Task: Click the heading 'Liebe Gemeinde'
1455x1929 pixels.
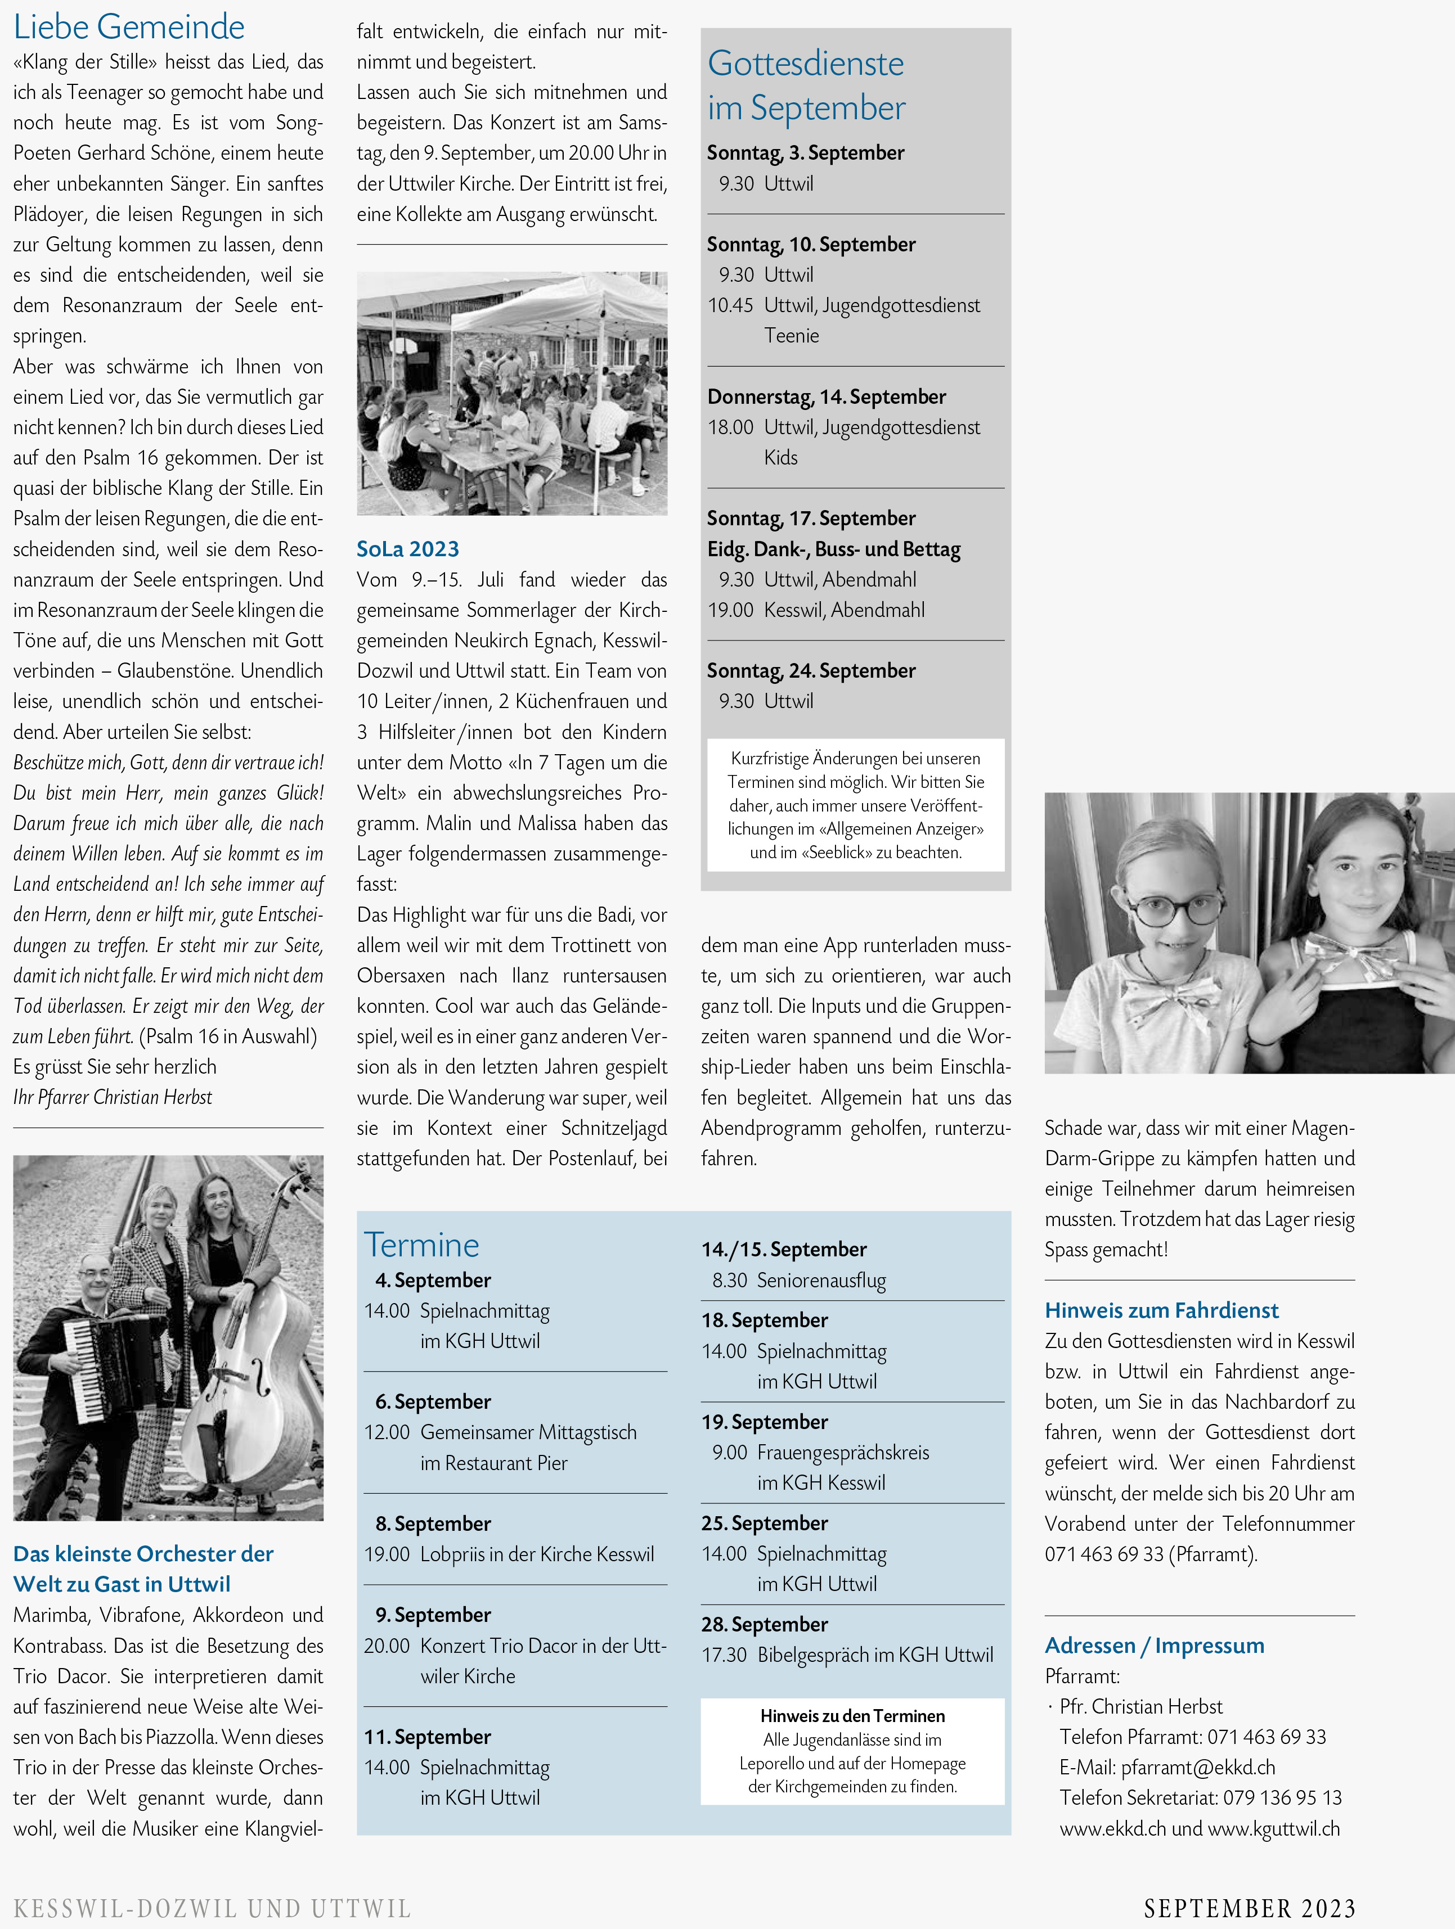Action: (129, 27)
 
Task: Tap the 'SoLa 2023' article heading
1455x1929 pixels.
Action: (407, 548)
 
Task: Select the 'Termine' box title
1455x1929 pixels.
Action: (421, 1245)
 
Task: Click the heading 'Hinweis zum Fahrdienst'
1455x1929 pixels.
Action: (1161, 1310)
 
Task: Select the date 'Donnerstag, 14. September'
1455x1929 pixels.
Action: (826, 397)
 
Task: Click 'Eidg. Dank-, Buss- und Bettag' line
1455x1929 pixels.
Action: (833, 549)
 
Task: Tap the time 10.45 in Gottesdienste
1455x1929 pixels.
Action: (730, 305)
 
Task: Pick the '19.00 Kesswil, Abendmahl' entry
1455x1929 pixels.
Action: (816, 610)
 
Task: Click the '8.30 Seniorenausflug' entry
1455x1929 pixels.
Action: (798, 1280)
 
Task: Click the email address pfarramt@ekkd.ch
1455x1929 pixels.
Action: (1198, 1768)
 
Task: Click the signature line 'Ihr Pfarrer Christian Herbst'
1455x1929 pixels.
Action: (113, 1097)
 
